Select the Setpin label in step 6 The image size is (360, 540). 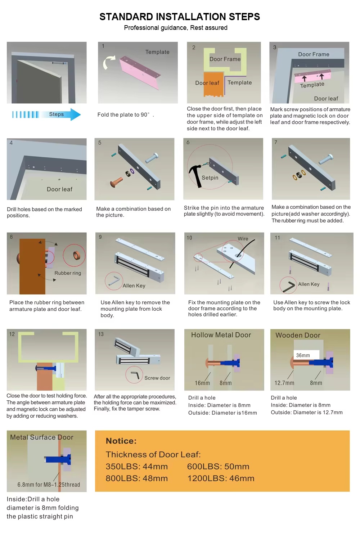(x=210, y=178)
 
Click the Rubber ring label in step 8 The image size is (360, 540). (x=68, y=273)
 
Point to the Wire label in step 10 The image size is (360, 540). (x=243, y=239)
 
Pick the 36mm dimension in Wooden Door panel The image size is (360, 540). (x=303, y=355)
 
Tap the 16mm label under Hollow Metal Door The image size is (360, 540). (x=202, y=383)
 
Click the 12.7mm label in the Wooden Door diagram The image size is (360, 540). (x=284, y=383)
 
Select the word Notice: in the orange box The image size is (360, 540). (x=121, y=441)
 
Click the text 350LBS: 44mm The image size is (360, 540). (x=137, y=467)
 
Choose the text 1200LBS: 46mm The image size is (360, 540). (x=221, y=478)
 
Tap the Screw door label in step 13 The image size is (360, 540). (x=157, y=378)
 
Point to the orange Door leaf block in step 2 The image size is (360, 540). (x=213, y=84)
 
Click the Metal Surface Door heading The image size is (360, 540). (x=42, y=437)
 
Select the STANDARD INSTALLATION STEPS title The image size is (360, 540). (x=180, y=17)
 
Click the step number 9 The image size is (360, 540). (x=100, y=237)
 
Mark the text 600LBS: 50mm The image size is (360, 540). (x=218, y=467)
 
